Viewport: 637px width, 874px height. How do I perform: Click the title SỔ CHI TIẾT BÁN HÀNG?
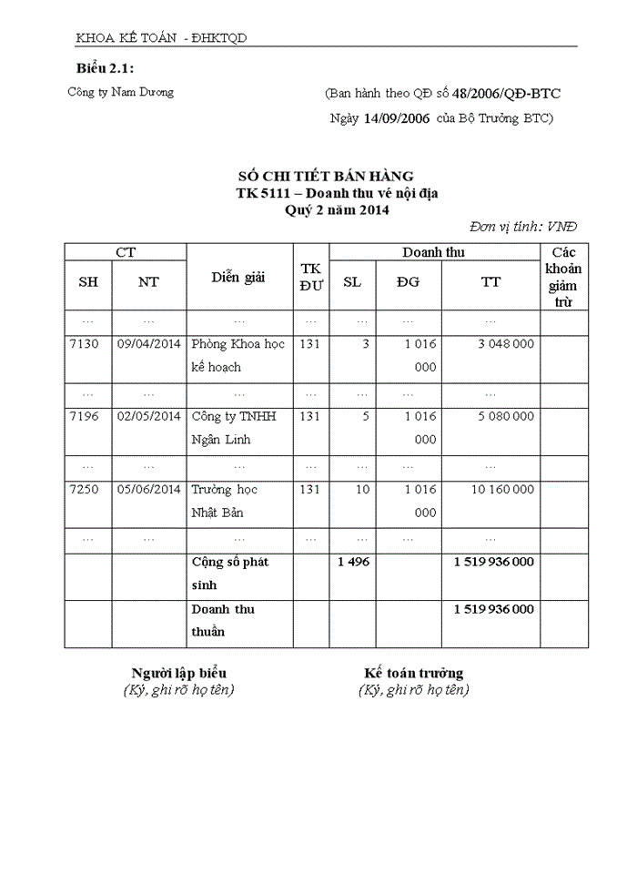click(325, 176)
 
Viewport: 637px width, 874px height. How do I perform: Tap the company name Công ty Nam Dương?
click(120, 92)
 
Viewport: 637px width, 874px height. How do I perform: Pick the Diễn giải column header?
click(238, 278)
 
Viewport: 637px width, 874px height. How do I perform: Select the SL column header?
click(352, 282)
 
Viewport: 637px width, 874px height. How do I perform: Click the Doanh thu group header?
click(434, 252)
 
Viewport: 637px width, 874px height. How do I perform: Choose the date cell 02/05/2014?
click(149, 417)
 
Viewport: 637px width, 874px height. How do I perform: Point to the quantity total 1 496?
click(353, 563)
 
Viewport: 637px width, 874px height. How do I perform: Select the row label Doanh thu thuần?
click(223, 620)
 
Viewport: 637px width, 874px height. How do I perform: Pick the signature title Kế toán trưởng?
click(414, 674)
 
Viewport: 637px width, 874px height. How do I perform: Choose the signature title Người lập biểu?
click(179, 674)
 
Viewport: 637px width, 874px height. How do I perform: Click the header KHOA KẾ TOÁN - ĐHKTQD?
click(162, 38)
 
